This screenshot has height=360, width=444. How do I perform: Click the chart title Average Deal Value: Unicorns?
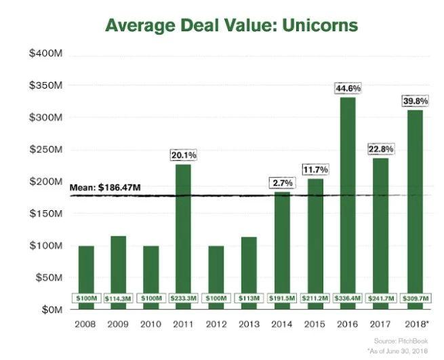pyautogui.click(x=230, y=26)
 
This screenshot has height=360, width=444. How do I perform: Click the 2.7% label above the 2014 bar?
pyautogui.click(x=281, y=182)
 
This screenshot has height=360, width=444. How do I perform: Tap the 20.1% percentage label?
pyautogui.click(x=184, y=155)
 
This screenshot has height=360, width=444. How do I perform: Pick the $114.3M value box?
pyautogui.click(x=119, y=298)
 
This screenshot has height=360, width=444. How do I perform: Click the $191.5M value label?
pyautogui.click(x=281, y=298)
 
